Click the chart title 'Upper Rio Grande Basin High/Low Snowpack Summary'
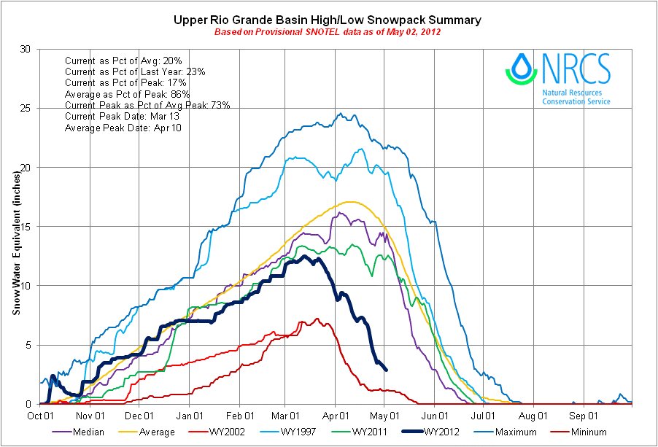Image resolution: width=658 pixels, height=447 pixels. pyautogui.click(x=328, y=20)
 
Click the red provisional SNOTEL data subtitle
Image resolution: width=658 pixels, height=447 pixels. pyautogui.click(x=328, y=33)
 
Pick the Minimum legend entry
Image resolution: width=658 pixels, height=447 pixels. pyautogui.click(x=587, y=432)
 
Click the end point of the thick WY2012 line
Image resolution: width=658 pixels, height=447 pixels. pyautogui.click(x=386, y=370)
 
